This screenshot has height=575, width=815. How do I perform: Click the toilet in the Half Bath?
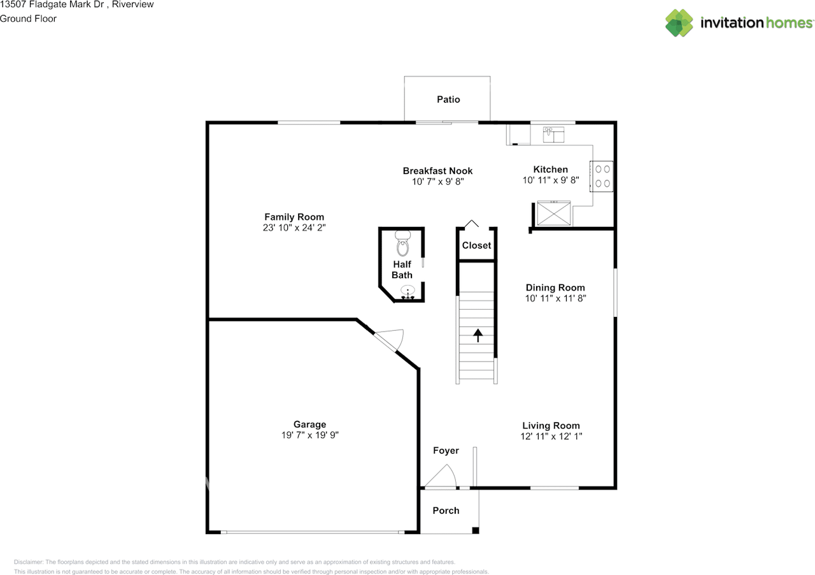(x=403, y=244)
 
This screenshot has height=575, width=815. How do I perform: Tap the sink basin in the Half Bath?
(x=407, y=291)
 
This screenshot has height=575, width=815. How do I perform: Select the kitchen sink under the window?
(x=553, y=135)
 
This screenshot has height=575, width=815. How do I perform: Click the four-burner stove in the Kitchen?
(x=602, y=176)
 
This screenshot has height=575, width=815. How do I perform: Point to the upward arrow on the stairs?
(x=478, y=335)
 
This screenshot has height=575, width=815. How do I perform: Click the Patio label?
(x=448, y=99)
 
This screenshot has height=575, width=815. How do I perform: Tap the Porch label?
(x=446, y=511)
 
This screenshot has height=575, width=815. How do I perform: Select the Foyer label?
(x=446, y=451)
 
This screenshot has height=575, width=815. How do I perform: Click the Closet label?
(x=476, y=245)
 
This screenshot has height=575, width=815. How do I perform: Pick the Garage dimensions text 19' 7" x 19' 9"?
(x=310, y=435)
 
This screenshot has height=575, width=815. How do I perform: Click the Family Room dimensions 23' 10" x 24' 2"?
(x=294, y=228)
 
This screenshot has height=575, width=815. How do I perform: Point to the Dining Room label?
(x=555, y=287)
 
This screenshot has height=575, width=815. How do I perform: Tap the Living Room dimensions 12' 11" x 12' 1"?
(x=551, y=437)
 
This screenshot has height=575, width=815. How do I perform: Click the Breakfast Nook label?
(x=437, y=171)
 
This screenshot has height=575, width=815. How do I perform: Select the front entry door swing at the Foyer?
(x=441, y=477)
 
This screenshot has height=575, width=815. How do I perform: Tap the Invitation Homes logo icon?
(x=679, y=23)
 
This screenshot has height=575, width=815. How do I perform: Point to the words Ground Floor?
(x=28, y=18)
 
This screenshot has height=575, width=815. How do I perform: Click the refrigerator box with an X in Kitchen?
(x=554, y=214)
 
